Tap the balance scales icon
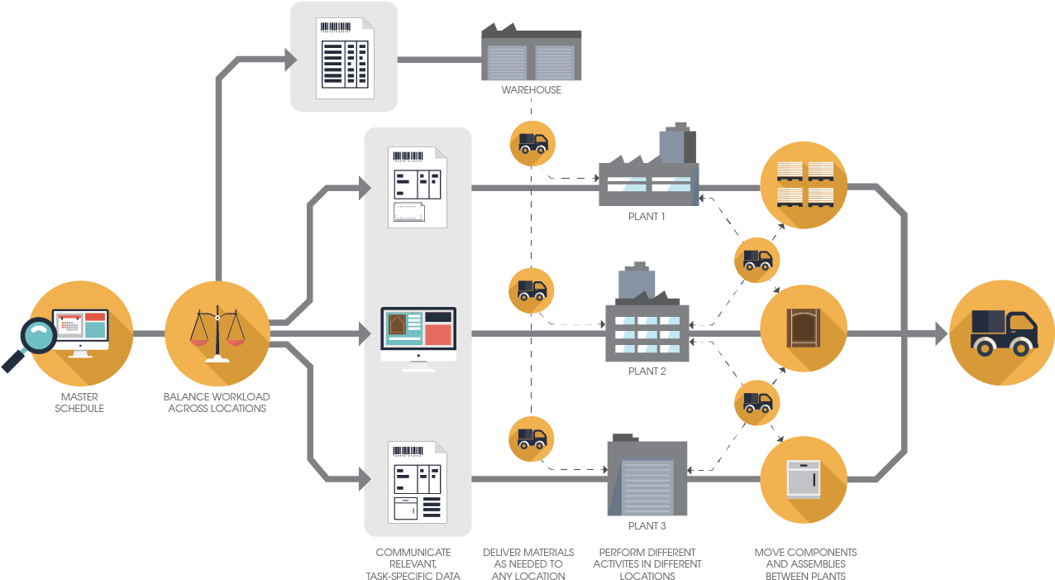point(217,333)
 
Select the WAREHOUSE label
point(531,89)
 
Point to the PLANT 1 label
point(647,217)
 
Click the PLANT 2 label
point(647,371)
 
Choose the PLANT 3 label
point(647,526)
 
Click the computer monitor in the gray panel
point(418,338)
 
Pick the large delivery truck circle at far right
point(1002,333)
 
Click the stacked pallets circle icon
point(804,185)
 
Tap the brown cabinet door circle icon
point(804,328)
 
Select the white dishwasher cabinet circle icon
point(804,480)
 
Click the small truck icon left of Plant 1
point(532,143)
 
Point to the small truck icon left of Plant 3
point(531,439)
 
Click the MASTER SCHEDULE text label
point(79,403)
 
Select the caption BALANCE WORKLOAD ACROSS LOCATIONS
point(217,403)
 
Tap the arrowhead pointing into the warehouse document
point(289,58)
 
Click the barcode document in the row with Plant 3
point(418,482)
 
